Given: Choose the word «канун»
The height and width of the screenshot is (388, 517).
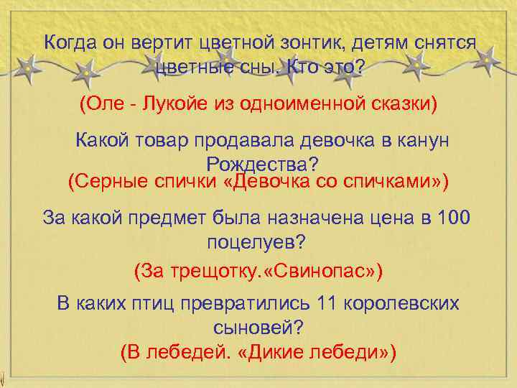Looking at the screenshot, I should point(420,140).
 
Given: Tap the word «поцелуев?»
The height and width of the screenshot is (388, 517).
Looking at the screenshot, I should point(256,241).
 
